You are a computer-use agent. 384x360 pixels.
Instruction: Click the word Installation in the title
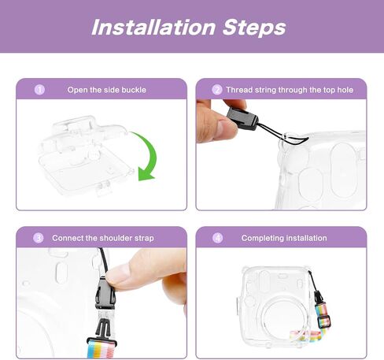click(153, 27)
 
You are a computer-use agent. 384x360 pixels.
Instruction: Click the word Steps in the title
click(254, 28)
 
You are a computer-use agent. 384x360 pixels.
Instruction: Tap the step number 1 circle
click(39, 90)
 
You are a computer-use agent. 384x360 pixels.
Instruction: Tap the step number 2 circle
click(217, 90)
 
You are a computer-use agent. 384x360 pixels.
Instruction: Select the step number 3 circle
click(39, 238)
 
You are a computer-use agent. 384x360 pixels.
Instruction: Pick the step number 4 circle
click(217, 238)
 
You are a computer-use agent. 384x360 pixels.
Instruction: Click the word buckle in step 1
click(134, 90)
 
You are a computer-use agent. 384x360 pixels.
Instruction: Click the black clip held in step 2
click(242, 118)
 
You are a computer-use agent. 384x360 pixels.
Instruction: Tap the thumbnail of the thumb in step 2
click(228, 128)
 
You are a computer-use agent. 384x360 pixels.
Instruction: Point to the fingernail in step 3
click(116, 272)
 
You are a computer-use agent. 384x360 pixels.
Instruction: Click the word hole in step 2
click(345, 90)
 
